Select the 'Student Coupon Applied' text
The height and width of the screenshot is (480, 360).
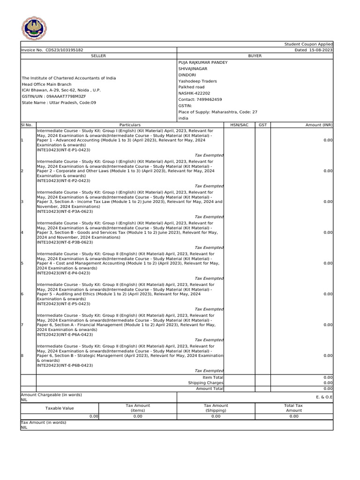coord(308,44)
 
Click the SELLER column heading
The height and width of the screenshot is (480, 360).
coord(98,56)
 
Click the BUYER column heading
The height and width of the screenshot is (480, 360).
coord(255,56)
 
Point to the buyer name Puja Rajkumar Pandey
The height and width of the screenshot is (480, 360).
coord(203,62)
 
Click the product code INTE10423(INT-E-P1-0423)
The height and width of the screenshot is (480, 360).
coord(63,150)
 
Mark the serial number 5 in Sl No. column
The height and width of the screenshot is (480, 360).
coord(22,263)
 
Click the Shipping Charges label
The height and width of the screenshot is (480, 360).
coord(206,383)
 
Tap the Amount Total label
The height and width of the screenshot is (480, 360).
coord(210,389)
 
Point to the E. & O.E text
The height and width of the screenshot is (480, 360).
coord(324,397)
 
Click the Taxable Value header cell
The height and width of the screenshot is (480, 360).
coord(60,408)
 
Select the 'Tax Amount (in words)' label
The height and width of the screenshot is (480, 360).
coord(44,422)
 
